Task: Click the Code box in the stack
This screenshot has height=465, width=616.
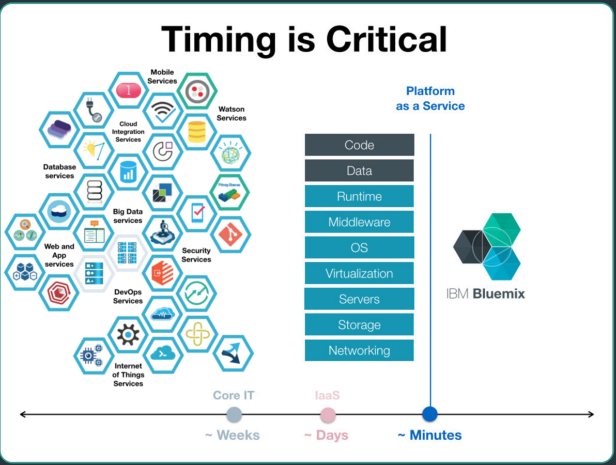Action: (359, 145)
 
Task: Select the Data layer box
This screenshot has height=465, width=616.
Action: (359, 171)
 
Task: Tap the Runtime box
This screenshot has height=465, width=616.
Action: (359, 196)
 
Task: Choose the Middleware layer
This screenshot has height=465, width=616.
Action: (359, 222)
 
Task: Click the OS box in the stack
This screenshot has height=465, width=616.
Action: (359, 247)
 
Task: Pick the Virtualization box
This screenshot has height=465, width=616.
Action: (359, 273)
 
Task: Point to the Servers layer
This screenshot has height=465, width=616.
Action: (359, 299)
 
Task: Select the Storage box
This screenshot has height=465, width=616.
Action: (359, 325)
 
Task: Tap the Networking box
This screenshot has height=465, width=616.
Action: (359, 350)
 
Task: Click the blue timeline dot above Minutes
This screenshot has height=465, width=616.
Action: (429, 414)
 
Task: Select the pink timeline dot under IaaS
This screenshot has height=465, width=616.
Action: (328, 415)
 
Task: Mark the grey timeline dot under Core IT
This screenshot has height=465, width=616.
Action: (234, 414)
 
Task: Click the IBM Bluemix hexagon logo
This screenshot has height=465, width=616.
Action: (487, 246)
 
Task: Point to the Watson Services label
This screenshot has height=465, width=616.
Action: (231, 114)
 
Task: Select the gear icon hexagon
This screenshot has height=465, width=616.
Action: (128, 334)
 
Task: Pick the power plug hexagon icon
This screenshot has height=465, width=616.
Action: (94, 110)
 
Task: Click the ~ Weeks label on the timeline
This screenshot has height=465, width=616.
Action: (232, 435)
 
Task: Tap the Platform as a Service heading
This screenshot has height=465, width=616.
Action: (430, 98)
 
